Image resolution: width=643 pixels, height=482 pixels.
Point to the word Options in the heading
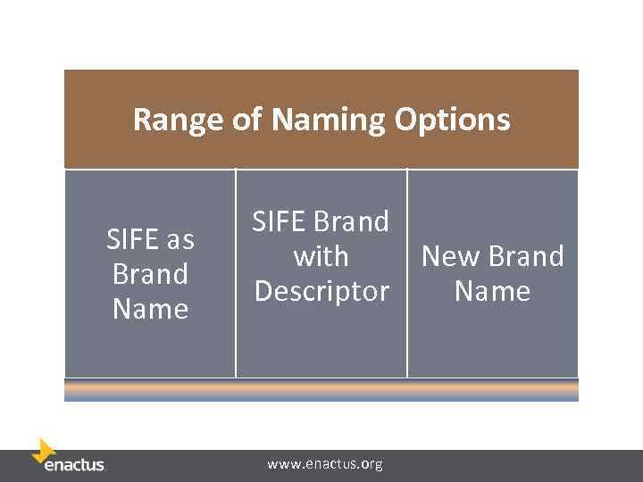tap(453, 120)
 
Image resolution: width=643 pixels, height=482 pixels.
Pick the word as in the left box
tap(180, 239)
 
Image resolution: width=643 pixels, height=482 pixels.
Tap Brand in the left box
tap(150, 274)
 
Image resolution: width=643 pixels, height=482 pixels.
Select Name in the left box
tap(150, 309)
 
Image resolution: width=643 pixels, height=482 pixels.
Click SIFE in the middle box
tap(280, 221)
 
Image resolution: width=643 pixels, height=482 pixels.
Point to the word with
tap(321, 256)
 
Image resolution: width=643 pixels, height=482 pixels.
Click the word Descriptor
tap(321, 291)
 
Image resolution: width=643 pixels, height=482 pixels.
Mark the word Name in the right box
tap(492, 291)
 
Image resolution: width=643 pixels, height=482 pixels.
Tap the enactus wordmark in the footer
tap(75, 465)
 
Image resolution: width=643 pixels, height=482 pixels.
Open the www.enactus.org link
tap(325, 464)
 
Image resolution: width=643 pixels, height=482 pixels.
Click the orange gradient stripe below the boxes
tap(321, 390)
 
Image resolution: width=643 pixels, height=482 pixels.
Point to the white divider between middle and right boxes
tap(407, 272)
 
